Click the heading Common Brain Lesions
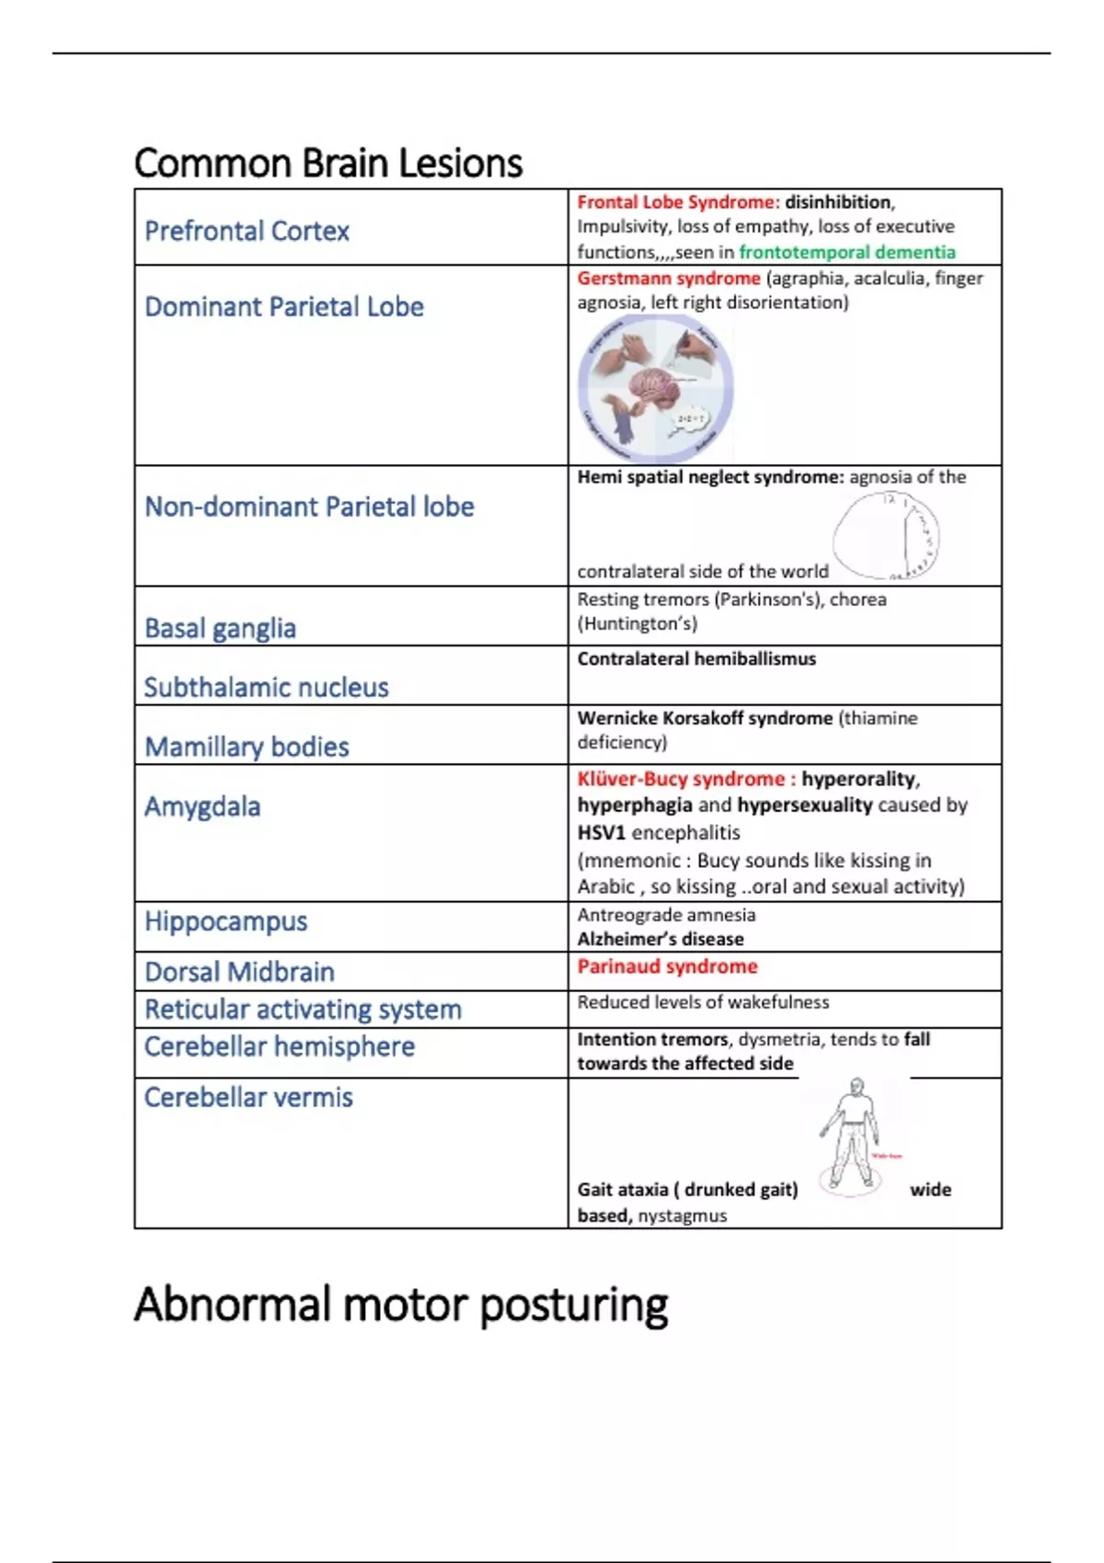click(x=328, y=164)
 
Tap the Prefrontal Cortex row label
click(x=247, y=231)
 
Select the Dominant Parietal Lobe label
click(x=283, y=307)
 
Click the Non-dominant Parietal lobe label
click(x=309, y=507)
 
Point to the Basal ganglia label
click(x=220, y=629)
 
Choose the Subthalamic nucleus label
click(x=266, y=688)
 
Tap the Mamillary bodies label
click(x=247, y=747)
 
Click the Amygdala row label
click(x=202, y=806)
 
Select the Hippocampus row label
click(x=225, y=921)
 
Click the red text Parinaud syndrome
click(x=667, y=966)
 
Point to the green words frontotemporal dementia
click(x=846, y=252)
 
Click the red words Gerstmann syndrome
click(x=669, y=278)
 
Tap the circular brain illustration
click(x=655, y=389)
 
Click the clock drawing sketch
click(x=886, y=535)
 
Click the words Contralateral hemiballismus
click(x=696, y=658)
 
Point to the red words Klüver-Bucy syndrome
click(x=681, y=779)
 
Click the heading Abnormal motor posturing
click(x=400, y=1305)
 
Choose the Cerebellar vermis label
click(x=248, y=1098)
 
